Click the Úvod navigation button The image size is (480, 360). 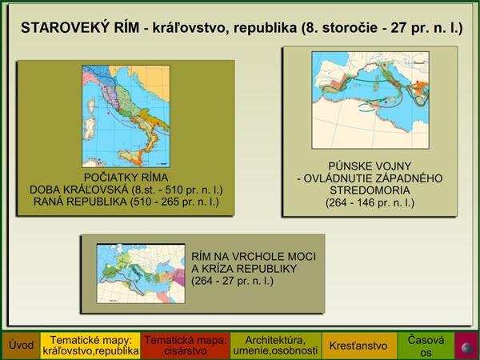(21, 346)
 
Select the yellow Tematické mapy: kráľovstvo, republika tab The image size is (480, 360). (90, 346)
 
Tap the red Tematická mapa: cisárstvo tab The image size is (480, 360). (185, 346)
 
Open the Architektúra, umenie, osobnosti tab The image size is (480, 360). (275, 346)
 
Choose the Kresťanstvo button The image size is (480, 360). (358, 346)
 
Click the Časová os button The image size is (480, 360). (426, 346)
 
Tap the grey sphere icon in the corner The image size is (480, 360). (467, 348)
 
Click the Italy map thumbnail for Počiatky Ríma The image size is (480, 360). (126, 116)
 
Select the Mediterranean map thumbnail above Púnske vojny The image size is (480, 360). (370, 100)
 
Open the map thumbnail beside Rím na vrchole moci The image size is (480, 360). (141, 274)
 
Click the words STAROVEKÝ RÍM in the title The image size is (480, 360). (80, 28)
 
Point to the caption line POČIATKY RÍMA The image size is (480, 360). (126, 178)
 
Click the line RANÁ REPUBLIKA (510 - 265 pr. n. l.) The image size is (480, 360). (126, 202)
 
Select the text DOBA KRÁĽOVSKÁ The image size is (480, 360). (79, 190)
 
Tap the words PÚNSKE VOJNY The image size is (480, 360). (370, 166)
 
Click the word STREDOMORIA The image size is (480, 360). (370, 190)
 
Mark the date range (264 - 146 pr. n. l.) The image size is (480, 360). (370, 202)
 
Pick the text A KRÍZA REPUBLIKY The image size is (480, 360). (244, 269)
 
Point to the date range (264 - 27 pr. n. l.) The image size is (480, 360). (232, 281)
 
